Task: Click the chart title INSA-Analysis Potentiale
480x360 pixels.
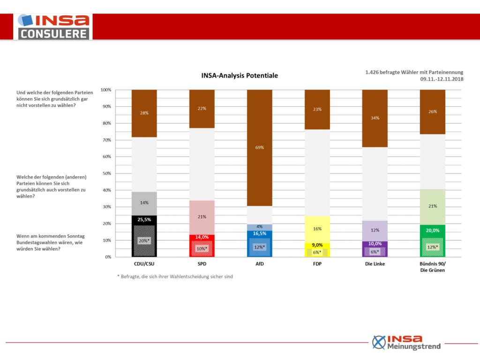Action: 240,75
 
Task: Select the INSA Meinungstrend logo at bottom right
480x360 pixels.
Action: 406,342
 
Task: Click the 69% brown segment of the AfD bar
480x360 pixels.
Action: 260,148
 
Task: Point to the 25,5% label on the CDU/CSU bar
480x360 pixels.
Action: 144,219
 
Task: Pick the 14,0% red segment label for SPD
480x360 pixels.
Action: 202,237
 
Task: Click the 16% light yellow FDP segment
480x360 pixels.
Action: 317,229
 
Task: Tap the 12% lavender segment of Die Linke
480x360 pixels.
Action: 375,231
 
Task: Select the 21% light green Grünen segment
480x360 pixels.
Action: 432,207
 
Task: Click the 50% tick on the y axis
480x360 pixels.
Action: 107,173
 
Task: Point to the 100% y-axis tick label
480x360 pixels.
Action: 106,90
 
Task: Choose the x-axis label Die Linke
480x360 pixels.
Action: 375,263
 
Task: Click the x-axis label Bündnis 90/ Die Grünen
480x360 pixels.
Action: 432,267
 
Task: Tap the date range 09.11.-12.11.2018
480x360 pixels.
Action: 442,79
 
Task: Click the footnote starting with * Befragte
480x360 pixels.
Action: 175,277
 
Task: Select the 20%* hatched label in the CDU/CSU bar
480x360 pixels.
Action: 144,240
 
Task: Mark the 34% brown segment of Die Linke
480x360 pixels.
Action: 375,118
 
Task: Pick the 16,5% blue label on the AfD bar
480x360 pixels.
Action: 260,233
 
